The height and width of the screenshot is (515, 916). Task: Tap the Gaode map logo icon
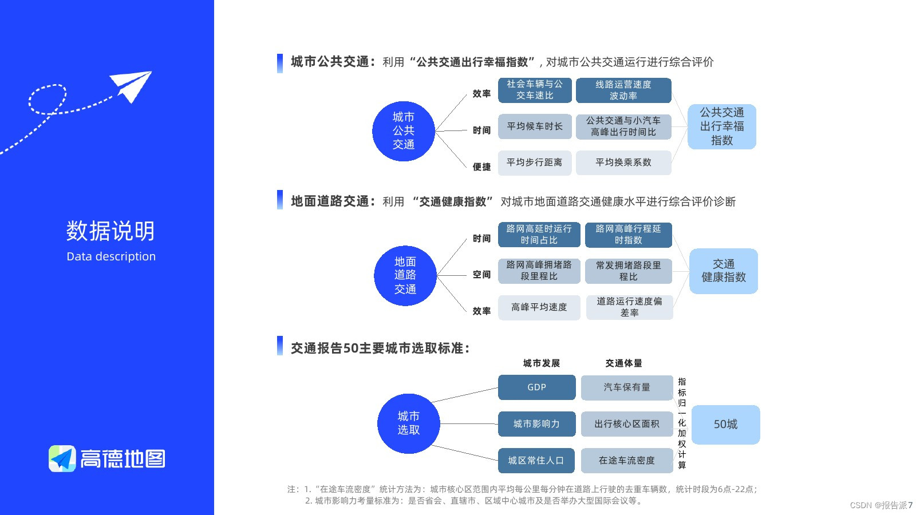[62, 459]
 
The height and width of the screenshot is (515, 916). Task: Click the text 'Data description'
[111, 256]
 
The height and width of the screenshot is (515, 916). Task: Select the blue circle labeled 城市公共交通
[404, 131]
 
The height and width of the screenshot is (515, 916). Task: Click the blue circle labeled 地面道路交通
[405, 275]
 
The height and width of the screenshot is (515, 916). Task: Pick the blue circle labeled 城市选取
[409, 423]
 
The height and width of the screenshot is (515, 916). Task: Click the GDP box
[536, 387]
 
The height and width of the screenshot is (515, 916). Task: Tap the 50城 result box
[725, 425]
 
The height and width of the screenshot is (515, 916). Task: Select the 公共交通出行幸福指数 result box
[721, 126]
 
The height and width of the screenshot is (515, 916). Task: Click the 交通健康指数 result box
[724, 271]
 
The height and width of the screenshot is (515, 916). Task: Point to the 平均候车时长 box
[535, 126]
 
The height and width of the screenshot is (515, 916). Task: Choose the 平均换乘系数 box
[623, 163]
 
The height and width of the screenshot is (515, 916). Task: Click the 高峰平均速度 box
[539, 307]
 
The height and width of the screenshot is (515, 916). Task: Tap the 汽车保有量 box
[627, 387]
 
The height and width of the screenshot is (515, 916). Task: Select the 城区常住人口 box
[536, 461]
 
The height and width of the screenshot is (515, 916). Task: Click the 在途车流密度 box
[627, 461]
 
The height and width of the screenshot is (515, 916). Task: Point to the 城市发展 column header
[541, 363]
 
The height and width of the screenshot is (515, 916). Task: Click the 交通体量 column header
[623, 363]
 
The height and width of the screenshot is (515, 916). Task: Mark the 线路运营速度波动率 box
[623, 90]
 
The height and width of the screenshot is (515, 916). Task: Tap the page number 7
[910, 505]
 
